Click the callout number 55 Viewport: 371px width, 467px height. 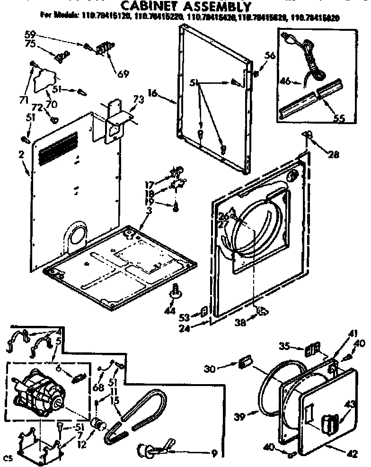[x=339, y=118]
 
